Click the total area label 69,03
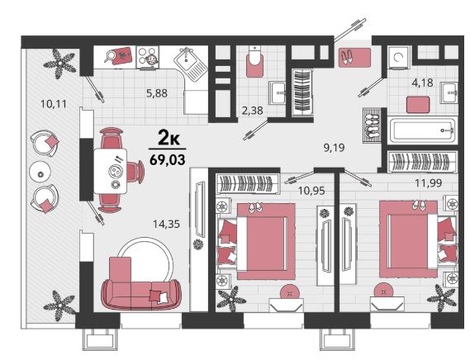tap(168, 159)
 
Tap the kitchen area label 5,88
tap(156, 93)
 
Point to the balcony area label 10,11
tap(54, 104)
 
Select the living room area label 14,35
tap(166, 224)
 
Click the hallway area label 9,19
tap(335, 148)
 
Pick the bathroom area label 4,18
tap(422, 83)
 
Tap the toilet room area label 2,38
tap(253, 111)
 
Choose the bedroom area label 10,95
tap(311, 191)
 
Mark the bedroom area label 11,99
tap(429, 182)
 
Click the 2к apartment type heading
tap(169, 139)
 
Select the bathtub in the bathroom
tap(423, 130)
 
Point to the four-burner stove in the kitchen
tap(148, 57)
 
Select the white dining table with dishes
tap(111, 171)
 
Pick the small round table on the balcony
tap(40, 173)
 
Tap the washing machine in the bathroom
tap(399, 57)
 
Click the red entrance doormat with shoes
tap(354, 57)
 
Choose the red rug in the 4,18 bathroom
tap(418, 104)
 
